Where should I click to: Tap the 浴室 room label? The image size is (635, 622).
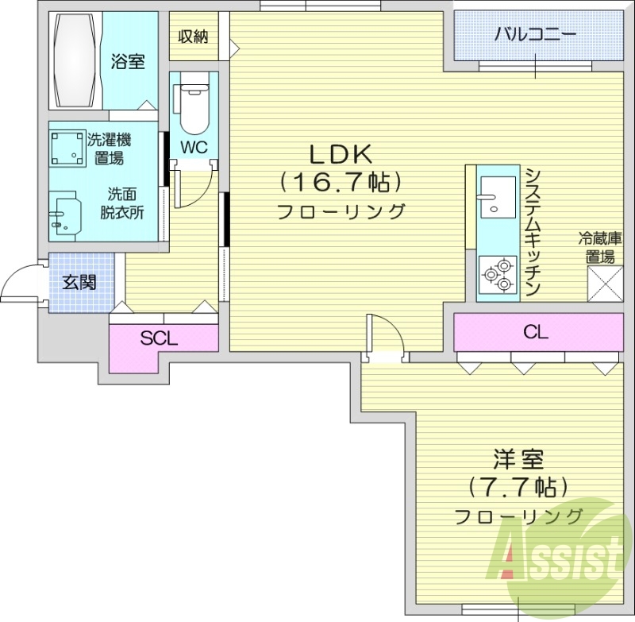128,61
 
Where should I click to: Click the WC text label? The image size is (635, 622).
194,147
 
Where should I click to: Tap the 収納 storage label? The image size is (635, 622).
194,36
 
